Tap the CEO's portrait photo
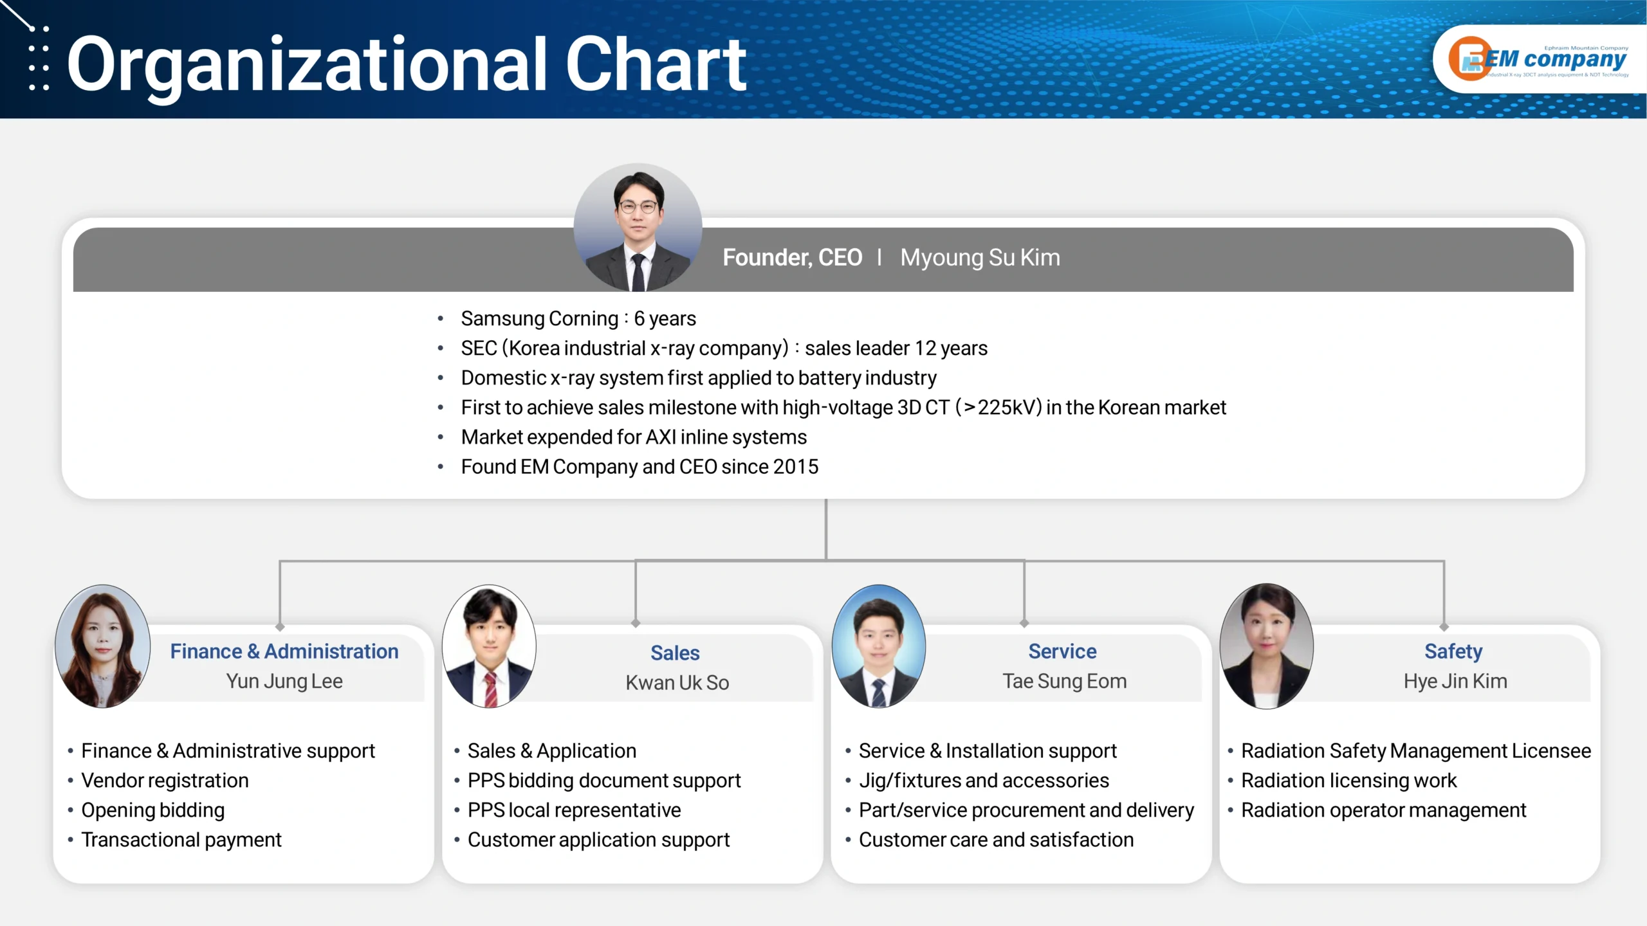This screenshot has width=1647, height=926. [638, 228]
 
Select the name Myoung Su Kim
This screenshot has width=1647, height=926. [980, 258]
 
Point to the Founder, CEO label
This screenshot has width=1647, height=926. [792, 257]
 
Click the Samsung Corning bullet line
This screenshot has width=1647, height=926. [578, 318]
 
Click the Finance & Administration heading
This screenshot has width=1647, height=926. [284, 651]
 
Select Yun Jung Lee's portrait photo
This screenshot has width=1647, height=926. [103, 646]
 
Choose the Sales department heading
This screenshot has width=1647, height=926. [675, 653]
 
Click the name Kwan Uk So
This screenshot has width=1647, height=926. [677, 682]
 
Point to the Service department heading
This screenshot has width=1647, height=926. [1062, 651]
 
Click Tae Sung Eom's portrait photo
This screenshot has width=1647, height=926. [879, 646]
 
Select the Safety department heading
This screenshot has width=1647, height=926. [1453, 651]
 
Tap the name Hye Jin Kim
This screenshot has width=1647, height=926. [1455, 681]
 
